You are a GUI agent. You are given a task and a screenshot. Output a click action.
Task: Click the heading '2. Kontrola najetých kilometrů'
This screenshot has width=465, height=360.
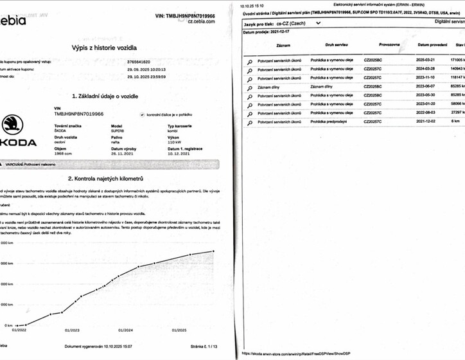pos(114,178)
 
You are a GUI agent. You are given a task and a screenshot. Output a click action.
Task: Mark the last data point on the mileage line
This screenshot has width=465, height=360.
pos(213,251)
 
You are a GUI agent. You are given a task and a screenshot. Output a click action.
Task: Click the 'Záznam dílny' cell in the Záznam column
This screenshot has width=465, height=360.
pos(270,86)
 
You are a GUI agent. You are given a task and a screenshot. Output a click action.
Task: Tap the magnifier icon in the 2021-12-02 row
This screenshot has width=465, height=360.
pos(250,122)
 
